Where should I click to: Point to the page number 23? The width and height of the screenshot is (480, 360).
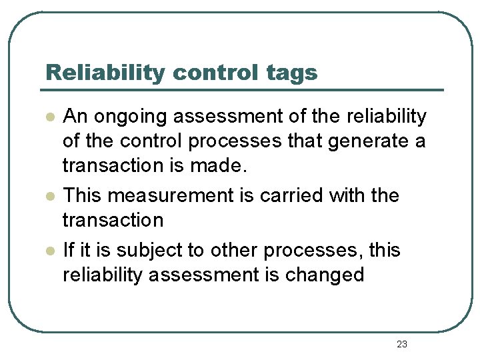(401, 344)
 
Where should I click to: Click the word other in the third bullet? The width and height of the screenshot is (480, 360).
(235, 251)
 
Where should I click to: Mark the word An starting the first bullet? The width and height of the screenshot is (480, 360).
(75, 117)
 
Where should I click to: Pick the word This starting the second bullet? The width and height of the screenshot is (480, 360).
(83, 196)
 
